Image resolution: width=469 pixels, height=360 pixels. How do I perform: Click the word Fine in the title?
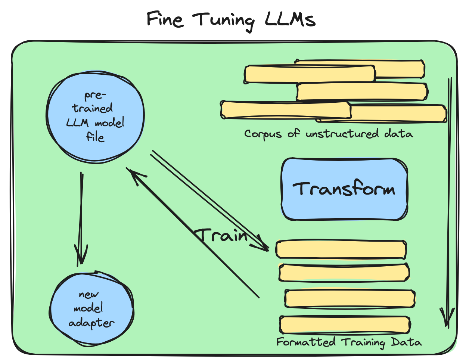(x=165, y=19)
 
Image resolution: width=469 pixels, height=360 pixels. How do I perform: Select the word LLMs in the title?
(x=290, y=19)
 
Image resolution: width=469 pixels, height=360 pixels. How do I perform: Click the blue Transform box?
(x=344, y=189)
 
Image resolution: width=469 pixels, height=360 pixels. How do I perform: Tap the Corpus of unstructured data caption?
(x=329, y=134)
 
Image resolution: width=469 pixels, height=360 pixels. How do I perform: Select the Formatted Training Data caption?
(x=349, y=342)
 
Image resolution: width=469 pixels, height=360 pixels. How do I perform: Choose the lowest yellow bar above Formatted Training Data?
(x=345, y=325)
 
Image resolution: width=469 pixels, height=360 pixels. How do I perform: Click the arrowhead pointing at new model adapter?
(x=81, y=256)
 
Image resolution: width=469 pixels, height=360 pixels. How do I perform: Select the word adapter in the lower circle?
(x=91, y=323)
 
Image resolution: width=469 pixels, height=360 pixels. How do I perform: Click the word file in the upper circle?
(x=95, y=137)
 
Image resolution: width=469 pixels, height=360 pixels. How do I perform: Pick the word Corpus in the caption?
(x=263, y=134)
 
